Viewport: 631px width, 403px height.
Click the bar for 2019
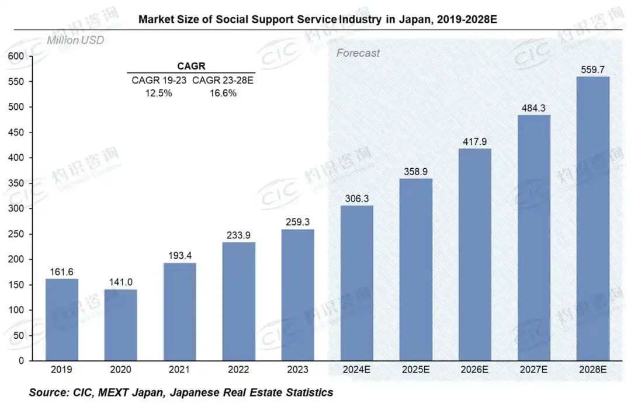click(x=62, y=319)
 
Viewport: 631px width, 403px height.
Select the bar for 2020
click(x=121, y=325)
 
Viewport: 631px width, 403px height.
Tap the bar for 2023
click(x=298, y=295)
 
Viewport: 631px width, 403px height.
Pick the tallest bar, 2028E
click(x=592, y=218)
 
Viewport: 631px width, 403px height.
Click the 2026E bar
click(x=475, y=255)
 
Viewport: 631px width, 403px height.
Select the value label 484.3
click(x=533, y=107)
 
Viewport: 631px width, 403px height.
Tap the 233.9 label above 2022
click(x=239, y=234)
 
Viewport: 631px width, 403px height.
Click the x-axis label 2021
click(x=180, y=370)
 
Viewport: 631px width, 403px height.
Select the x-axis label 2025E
click(x=416, y=370)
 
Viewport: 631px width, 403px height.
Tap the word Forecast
click(x=358, y=53)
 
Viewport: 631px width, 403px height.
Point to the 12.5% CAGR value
click(x=158, y=93)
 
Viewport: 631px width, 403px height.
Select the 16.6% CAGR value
click(x=223, y=93)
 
